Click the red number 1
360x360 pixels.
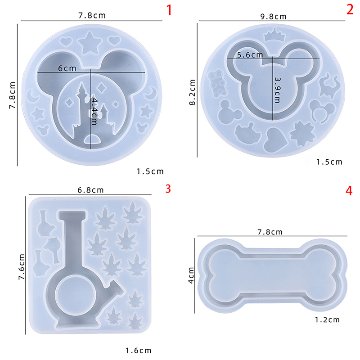click(169, 10)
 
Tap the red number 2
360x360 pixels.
click(350, 9)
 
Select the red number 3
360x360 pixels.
click(168, 189)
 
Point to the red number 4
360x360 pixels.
click(349, 191)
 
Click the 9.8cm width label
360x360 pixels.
click(274, 17)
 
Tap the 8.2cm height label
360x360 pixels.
click(193, 92)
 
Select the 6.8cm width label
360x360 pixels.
click(91, 190)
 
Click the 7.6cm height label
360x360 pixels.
click(22, 267)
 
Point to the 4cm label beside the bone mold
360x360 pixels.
click(191, 275)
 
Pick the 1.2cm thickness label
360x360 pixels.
click(327, 320)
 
